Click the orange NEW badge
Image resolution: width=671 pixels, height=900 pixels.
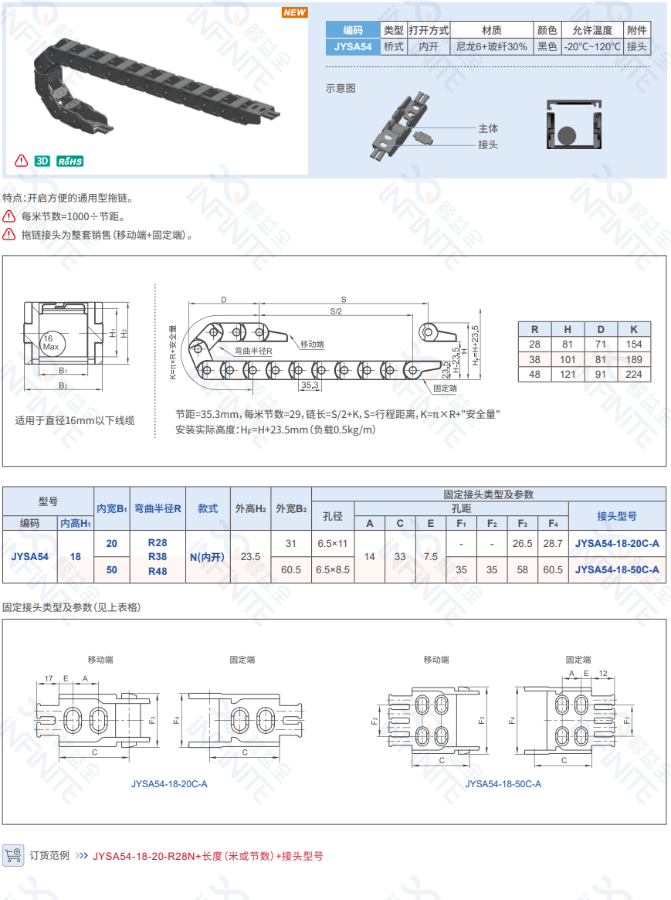[x=295, y=12]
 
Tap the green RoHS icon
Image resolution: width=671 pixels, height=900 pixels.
[x=70, y=161]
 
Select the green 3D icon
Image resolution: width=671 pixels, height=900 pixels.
[x=42, y=161]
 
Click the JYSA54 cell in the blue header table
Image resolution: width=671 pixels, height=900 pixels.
[x=353, y=46]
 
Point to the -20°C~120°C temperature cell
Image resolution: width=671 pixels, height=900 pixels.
[x=592, y=46]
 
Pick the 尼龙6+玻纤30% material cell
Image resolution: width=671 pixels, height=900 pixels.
[x=492, y=46]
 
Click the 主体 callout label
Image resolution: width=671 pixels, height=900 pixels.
[x=488, y=128]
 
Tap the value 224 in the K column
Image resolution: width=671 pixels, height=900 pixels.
[x=634, y=374]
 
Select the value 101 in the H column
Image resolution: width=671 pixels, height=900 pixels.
[x=568, y=359]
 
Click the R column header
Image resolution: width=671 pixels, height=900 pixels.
[x=534, y=329]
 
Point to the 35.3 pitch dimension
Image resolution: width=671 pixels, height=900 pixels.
[x=310, y=385]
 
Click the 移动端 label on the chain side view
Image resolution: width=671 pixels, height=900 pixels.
[x=312, y=345]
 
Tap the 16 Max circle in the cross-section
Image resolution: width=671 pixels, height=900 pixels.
[x=53, y=343]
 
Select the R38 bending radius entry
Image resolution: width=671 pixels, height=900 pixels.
[x=158, y=557]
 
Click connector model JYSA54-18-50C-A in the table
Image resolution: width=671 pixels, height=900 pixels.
[x=617, y=569]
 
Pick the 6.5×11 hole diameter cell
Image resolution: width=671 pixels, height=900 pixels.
[x=333, y=543]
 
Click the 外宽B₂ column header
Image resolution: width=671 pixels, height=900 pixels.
[x=291, y=508]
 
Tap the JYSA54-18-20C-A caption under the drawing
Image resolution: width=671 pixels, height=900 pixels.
[x=169, y=784]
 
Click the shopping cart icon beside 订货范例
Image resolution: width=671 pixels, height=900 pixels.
[x=13, y=855]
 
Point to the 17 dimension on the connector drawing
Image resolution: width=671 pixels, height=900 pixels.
[x=49, y=678]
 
